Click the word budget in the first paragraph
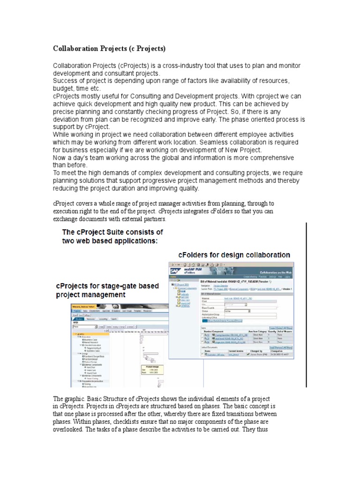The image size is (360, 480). pos(65,88)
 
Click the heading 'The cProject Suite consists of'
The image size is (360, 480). pos(113,232)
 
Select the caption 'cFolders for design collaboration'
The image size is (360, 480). pos(234,255)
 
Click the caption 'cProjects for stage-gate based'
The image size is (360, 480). pos(107,285)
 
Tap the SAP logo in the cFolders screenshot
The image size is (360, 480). pos(174,271)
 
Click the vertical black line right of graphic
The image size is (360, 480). pos(306,305)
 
